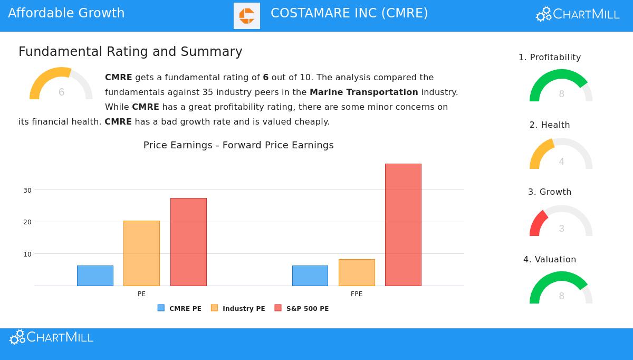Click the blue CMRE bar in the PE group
[x=95, y=276]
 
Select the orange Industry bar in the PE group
[x=141, y=253]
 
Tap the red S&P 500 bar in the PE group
[x=188, y=242]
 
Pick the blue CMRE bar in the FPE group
[x=310, y=276]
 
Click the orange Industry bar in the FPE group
[x=357, y=272]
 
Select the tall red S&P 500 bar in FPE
[x=403, y=225]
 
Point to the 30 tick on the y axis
[x=27, y=190]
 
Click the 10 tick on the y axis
[x=27, y=254]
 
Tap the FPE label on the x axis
[x=357, y=294]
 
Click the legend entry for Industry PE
[x=238, y=308]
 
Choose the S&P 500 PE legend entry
[x=302, y=308]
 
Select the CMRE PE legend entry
[x=179, y=308]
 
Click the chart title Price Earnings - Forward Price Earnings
[x=238, y=145]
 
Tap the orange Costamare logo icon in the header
[x=247, y=16]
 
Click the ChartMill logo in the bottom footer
[x=51, y=337]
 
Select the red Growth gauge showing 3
[x=561, y=222]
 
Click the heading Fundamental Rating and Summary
[x=130, y=52]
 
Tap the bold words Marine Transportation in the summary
[x=363, y=92]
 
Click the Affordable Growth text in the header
[x=66, y=13]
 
